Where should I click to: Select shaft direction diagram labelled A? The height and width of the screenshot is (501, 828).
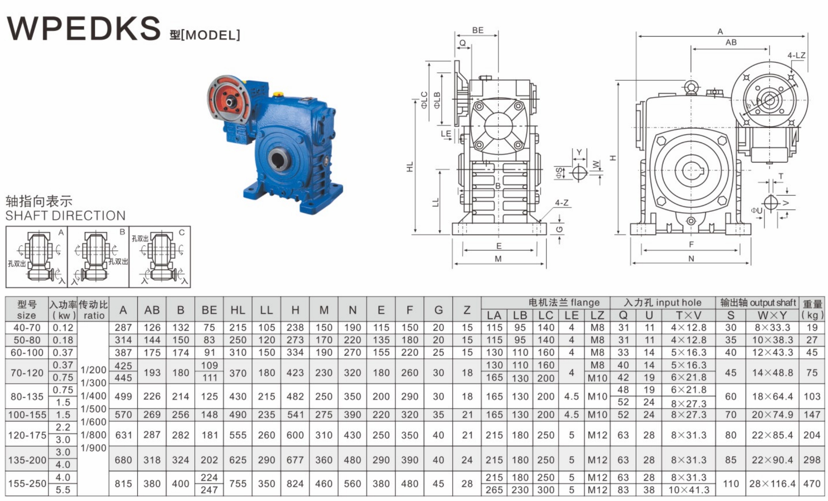37,257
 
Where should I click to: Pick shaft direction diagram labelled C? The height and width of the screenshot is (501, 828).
160,257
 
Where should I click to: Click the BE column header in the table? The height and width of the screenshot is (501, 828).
209,310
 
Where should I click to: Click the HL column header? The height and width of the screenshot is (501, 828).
238,310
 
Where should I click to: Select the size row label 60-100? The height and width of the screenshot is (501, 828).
27,352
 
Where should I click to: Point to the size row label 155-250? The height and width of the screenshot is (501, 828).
27,483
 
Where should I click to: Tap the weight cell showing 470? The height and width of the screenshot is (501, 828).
812,483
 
